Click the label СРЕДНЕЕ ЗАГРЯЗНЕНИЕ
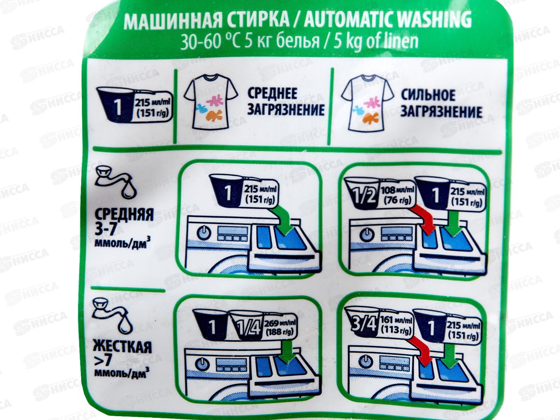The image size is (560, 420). point(285,102)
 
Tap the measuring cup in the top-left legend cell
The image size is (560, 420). point(118,107)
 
